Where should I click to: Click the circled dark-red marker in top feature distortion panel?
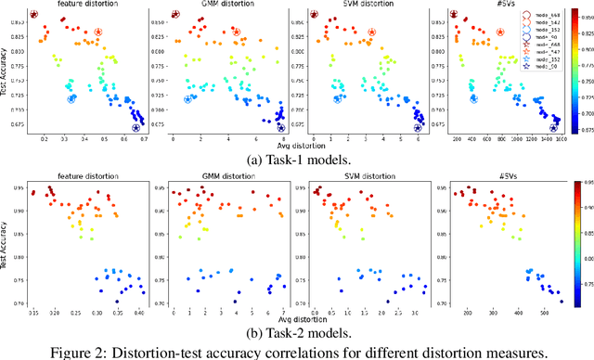[33, 15]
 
